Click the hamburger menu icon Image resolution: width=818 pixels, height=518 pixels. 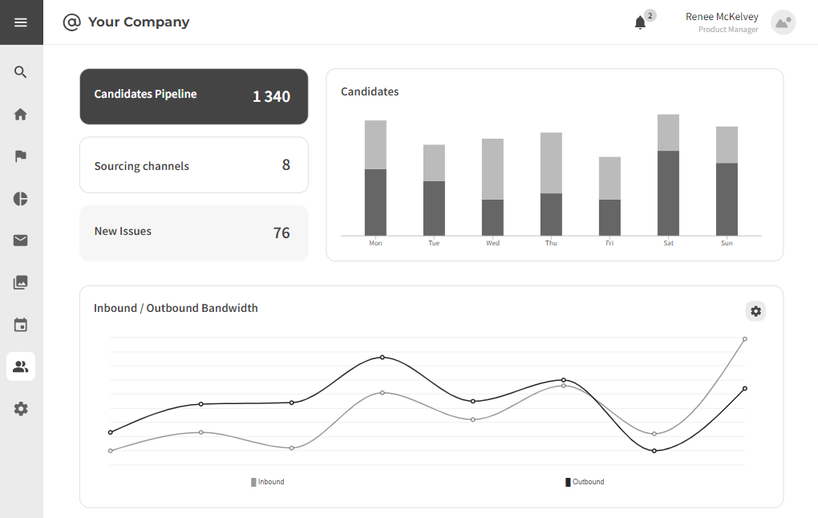tap(21, 22)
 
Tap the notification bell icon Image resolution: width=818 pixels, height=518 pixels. tap(640, 22)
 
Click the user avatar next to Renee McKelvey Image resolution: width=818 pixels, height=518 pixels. tap(783, 22)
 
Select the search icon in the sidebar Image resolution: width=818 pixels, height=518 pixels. tap(21, 72)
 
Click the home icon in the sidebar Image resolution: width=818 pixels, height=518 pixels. tap(21, 114)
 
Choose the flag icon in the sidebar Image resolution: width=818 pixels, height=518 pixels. tap(21, 156)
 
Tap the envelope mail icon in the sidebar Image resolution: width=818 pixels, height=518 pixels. tap(21, 241)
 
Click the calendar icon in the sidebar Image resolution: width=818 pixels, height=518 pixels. tap(21, 325)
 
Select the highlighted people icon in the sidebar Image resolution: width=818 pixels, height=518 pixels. tap(21, 366)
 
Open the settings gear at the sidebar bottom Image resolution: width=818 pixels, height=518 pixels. tap(21, 409)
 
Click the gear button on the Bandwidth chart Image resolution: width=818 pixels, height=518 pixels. tap(755, 311)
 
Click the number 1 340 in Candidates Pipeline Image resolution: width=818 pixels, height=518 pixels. tap(271, 97)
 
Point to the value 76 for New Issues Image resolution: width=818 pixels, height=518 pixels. tap(281, 233)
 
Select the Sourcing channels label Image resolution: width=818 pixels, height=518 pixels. tap(142, 166)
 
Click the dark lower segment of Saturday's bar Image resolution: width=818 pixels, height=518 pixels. tap(668, 193)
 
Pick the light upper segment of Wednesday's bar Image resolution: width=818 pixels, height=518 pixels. tap(492, 168)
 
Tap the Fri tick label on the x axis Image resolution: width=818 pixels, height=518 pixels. tap(609, 243)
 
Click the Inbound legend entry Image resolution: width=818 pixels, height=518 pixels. tap(268, 482)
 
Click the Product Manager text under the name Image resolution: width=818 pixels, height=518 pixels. tap(727, 30)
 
